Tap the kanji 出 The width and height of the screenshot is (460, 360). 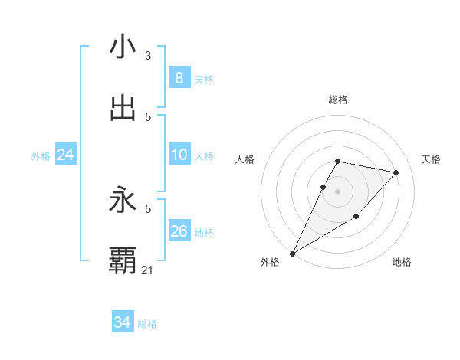pos(123,109)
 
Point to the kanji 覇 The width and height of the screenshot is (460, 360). pos(123,261)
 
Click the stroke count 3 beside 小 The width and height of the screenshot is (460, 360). pos(148,56)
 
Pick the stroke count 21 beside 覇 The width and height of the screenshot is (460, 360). pos(148,270)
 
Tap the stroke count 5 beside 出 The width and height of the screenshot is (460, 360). pos(148,116)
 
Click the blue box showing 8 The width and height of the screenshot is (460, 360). pos(179,78)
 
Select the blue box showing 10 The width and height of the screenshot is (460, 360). pos(179,155)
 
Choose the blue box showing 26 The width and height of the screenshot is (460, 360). pos(179,231)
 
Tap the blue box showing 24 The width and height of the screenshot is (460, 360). pos(65,155)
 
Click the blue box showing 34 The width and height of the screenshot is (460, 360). pos(122,323)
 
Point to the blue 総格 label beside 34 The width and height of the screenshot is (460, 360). pos(147,325)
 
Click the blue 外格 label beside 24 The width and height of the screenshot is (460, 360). pos(41,156)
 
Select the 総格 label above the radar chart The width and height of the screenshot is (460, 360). pos(338,100)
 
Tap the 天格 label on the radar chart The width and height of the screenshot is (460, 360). pos(432,159)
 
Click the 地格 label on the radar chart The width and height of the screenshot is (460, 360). pos(402,263)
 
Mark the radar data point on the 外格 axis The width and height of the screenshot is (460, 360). pos(292,253)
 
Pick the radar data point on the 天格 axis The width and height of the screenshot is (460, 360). pos(396,172)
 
